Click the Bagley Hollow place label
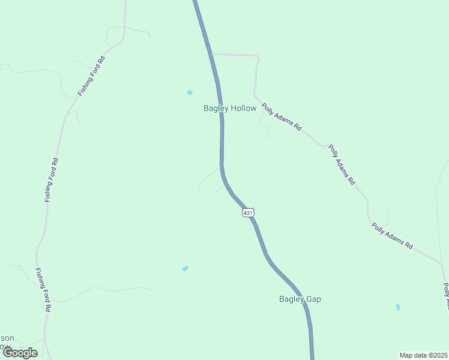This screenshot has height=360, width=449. pyautogui.click(x=230, y=109)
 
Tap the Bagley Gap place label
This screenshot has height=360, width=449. pyautogui.click(x=300, y=299)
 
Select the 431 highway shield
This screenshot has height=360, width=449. pyautogui.click(x=249, y=212)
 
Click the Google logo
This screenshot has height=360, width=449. pyautogui.click(x=20, y=353)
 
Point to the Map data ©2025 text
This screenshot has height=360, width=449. pyautogui.click(x=423, y=355)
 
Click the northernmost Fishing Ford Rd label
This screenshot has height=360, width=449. pyautogui.click(x=91, y=77)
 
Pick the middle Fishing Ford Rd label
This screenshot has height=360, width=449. pyautogui.click(x=52, y=179)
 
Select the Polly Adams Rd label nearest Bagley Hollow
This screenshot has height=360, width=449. pyautogui.click(x=281, y=117)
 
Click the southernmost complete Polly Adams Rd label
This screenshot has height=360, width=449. pyautogui.click(x=392, y=236)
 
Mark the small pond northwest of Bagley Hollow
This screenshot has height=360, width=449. pyautogui.click(x=190, y=92)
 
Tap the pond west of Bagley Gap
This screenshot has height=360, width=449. pyautogui.click(x=185, y=268)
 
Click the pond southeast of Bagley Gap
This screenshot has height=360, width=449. pyautogui.click(x=397, y=307)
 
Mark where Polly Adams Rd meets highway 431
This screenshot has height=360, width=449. pyautogui.click(x=211, y=54)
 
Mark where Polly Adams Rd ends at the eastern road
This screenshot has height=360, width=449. pyautogui.click(x=441, y=263)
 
